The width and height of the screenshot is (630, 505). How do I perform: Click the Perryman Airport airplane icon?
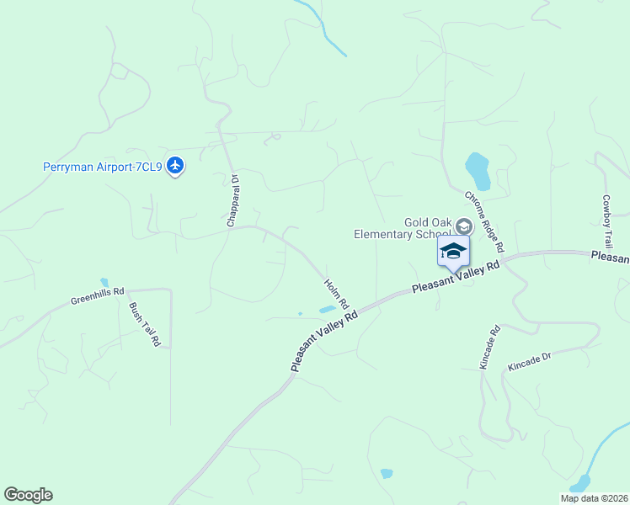[175, 166]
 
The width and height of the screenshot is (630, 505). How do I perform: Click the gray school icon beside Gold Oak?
[463, 227]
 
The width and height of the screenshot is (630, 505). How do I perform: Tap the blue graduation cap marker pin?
[453, 252]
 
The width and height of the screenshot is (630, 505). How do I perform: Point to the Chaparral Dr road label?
[232, 200]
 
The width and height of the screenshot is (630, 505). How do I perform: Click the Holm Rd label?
[337, 293]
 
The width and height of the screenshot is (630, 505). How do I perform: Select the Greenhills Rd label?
[98, 295]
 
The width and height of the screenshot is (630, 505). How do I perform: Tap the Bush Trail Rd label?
[144, 324]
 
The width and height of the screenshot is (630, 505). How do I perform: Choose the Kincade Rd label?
[489, 347]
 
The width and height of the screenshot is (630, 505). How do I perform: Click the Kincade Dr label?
[529, 363]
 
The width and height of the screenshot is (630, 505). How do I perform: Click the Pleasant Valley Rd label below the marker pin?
[456, 277]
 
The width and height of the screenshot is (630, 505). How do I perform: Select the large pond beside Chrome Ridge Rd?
[478, 171]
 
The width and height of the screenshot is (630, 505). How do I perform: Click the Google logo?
[28, 495]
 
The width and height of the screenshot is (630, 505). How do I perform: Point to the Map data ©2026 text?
[593, 498]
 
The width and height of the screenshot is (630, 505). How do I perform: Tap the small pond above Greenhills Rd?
[104, 282]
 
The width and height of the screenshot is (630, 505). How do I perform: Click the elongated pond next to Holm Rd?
[327, 310]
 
